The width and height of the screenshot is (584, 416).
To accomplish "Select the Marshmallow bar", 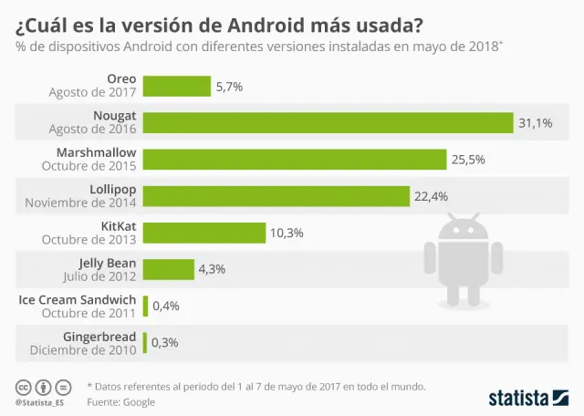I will pos(295,160).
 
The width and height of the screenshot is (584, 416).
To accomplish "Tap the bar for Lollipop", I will pos(276,196).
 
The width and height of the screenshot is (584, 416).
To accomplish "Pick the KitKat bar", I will pos(204,233).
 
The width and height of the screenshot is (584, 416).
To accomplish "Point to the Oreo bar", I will pos(176,87).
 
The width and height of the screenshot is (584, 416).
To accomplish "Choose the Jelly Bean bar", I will pos(169,269).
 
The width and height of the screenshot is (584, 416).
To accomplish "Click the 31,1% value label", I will pos(536,123).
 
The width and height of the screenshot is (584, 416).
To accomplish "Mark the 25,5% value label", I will pos(468,160).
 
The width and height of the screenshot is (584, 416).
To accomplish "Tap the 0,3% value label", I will pos(166,342).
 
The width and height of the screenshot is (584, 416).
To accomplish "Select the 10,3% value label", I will pos(286,233).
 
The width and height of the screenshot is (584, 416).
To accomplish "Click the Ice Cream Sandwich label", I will pos(78,299).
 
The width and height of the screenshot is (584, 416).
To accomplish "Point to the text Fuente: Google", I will pos(121,401).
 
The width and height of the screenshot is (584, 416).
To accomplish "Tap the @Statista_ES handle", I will pos(38,402).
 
